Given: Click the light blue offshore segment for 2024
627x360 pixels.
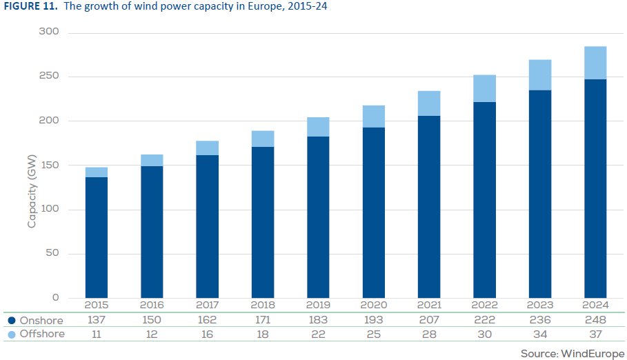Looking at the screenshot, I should tap(595, 63).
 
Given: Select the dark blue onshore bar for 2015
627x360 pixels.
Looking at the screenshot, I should tap(97, 238).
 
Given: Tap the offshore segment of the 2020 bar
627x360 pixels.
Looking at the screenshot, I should tap(373, 117).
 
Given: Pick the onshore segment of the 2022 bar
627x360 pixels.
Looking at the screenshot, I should tap(484, 200).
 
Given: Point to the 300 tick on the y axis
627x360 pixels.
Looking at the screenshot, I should tap(50, 32).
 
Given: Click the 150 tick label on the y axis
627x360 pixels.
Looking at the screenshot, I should tap(50, 165).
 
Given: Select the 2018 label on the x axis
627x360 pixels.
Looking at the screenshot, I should tap(262, 306).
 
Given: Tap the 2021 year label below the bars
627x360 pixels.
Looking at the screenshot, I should tap(428, 306).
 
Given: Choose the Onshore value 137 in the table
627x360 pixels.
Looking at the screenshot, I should tap(97, 320).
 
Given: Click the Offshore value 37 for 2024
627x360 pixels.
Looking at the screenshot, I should tap(595, 334).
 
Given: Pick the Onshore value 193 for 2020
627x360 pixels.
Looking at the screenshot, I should tap(373, 320).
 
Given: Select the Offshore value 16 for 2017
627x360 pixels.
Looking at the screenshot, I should tap(207, 334).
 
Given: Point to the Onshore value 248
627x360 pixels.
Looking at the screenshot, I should tap(595, 320).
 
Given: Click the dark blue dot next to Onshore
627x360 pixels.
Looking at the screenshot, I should tap(12, 320).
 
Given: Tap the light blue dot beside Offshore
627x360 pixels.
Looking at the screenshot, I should tap(12, 334).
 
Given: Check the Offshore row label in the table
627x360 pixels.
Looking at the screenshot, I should tap(42, 334).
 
